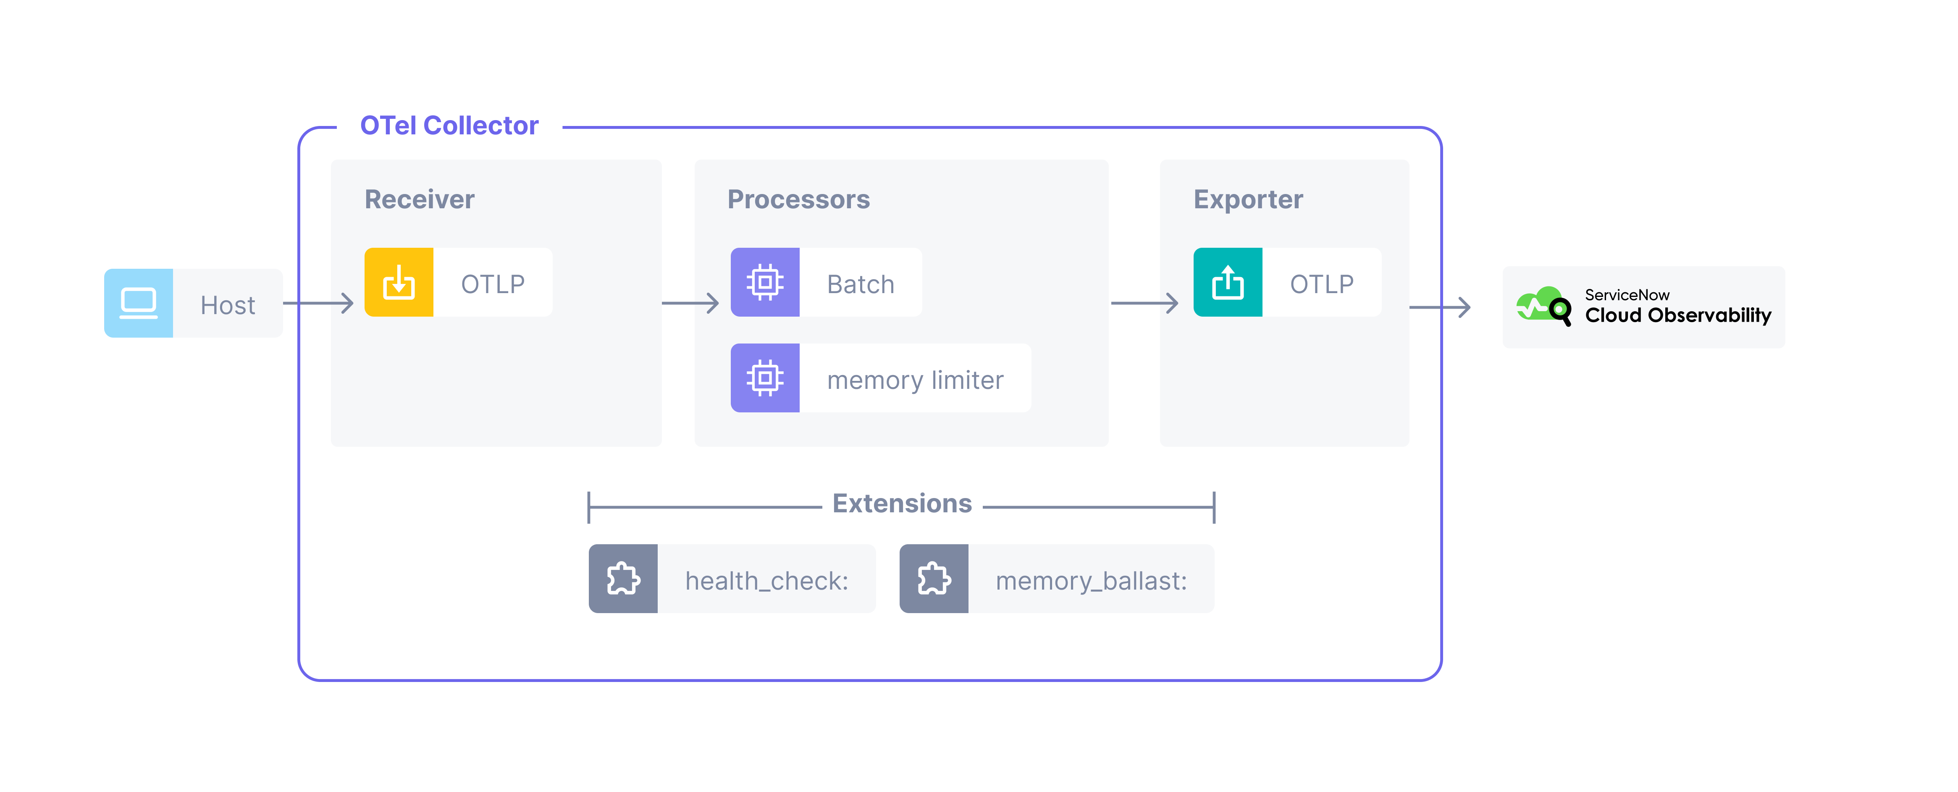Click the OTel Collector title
(449, 126)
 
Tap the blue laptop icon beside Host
(138, 303)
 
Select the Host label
(227, 305)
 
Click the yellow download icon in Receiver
(399, 283)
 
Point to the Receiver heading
(420, 199)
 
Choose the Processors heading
(798, 199)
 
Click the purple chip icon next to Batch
(765, 283)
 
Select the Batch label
(861, 284)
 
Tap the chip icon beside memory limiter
(765, 378)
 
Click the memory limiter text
(915, 379)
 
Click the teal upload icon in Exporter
(1228, 283)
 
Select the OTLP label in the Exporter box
(1322, 284)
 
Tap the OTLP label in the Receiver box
(493, 284)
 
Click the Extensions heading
(902, 503)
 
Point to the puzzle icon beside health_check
(623, 579)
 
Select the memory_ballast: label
(1091, 581)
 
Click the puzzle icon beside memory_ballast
(933, 579)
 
